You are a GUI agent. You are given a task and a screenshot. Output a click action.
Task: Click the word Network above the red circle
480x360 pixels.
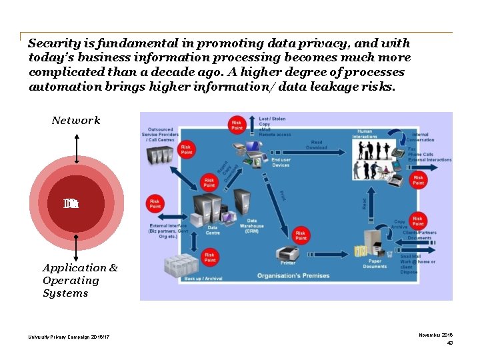pos(76,121)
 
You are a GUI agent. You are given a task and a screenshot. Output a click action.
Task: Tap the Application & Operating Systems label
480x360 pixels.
pos(79,280)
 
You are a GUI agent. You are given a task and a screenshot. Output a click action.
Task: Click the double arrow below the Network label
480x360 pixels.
pos(77,148)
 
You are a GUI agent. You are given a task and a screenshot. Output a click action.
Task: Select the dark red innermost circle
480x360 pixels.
pos(76,204)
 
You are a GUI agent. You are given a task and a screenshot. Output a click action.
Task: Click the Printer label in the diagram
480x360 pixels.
pos(289,263)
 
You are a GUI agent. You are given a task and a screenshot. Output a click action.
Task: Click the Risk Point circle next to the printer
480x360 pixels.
pos(301,235)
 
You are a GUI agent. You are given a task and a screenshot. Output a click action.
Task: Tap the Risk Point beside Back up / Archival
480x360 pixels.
pos(209,257)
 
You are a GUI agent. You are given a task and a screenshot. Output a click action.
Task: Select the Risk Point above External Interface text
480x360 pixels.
pos(155,203)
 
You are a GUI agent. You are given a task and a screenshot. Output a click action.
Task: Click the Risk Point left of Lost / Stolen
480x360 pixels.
pos(236,125)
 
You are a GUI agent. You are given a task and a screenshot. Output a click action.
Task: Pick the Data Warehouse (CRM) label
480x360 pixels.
pos(252,225)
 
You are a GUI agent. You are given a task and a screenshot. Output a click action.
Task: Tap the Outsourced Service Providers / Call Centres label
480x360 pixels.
pos(159,135)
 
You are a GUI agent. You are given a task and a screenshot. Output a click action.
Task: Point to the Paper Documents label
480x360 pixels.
pos(375,263)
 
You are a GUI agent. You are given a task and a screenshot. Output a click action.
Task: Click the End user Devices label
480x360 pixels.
pos(281,162)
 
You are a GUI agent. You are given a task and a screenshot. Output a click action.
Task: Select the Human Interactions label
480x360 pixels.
pos(365,133)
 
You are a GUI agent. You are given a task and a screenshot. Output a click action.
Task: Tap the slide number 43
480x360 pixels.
pos(449,343)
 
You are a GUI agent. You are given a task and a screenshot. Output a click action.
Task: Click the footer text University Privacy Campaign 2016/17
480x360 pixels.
pos(69,337)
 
